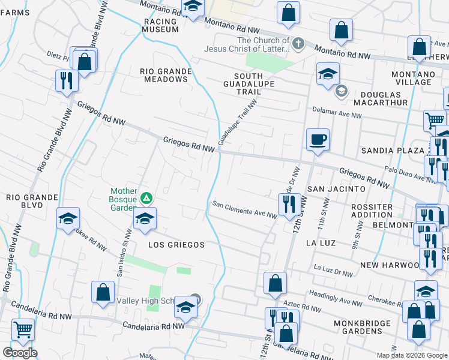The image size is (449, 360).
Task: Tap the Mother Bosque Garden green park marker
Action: point(145,197)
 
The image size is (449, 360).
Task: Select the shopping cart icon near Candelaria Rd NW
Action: point(23,329)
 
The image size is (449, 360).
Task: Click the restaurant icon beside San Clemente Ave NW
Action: point(289,204)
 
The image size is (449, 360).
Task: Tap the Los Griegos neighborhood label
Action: point(177,245)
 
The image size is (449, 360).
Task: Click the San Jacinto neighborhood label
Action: point(336,189)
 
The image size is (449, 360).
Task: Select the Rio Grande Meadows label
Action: point(165,75)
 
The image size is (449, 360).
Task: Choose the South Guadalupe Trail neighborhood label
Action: point(249,83)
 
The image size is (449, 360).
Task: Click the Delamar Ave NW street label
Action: point(334,110)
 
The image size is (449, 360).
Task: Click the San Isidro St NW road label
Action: point(124,251)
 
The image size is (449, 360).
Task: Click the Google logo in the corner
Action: point(20,353)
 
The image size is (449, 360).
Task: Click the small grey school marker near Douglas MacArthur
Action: point(342,91)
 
